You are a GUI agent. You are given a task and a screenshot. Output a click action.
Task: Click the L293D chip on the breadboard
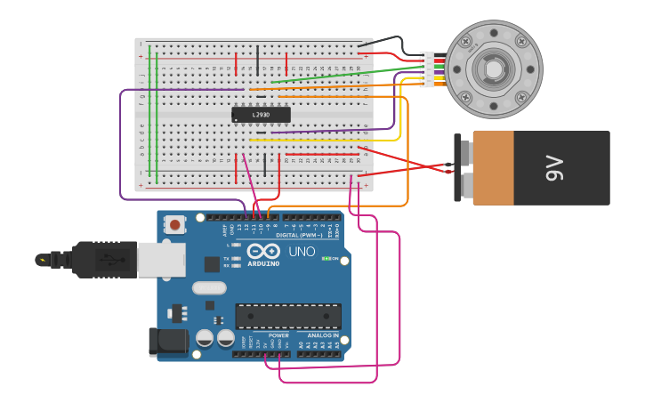261,115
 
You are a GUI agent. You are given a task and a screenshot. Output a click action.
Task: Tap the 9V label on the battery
554,167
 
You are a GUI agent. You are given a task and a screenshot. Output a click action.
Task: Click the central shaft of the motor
493,69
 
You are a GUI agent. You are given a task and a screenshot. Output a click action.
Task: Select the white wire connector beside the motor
428,69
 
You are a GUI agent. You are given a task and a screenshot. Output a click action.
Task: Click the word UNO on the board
302,252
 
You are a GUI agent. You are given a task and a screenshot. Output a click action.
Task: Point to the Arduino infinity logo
263,251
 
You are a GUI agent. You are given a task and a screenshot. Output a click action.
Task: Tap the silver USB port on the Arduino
161,259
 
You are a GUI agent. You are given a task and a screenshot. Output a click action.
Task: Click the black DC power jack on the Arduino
169,342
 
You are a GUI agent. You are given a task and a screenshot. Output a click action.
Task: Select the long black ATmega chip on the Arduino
287,316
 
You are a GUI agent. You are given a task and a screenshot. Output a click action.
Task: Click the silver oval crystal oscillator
209,287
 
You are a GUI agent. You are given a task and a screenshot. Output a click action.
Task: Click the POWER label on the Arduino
278,336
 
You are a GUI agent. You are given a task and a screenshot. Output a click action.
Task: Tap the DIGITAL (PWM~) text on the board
298,235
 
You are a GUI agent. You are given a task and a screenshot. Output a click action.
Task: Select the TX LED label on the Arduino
226,259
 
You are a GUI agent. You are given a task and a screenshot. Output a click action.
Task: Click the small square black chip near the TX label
212,264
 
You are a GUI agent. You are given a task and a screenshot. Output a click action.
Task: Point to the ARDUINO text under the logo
263,263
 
